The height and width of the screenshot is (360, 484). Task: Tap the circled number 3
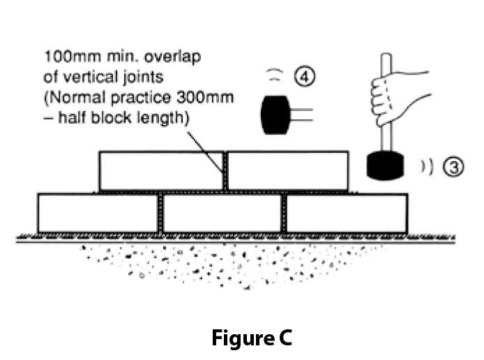454,167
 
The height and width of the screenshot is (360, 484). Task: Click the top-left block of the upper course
161,170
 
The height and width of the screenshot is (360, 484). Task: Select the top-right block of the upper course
288,170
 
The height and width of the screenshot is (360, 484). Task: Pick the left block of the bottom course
98,213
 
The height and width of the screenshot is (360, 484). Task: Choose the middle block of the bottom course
222,213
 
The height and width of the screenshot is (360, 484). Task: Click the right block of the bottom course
347,213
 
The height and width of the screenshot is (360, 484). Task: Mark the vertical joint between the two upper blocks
225,170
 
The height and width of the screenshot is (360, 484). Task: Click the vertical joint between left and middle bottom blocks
160,213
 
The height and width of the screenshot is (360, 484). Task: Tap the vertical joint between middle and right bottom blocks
283,213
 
